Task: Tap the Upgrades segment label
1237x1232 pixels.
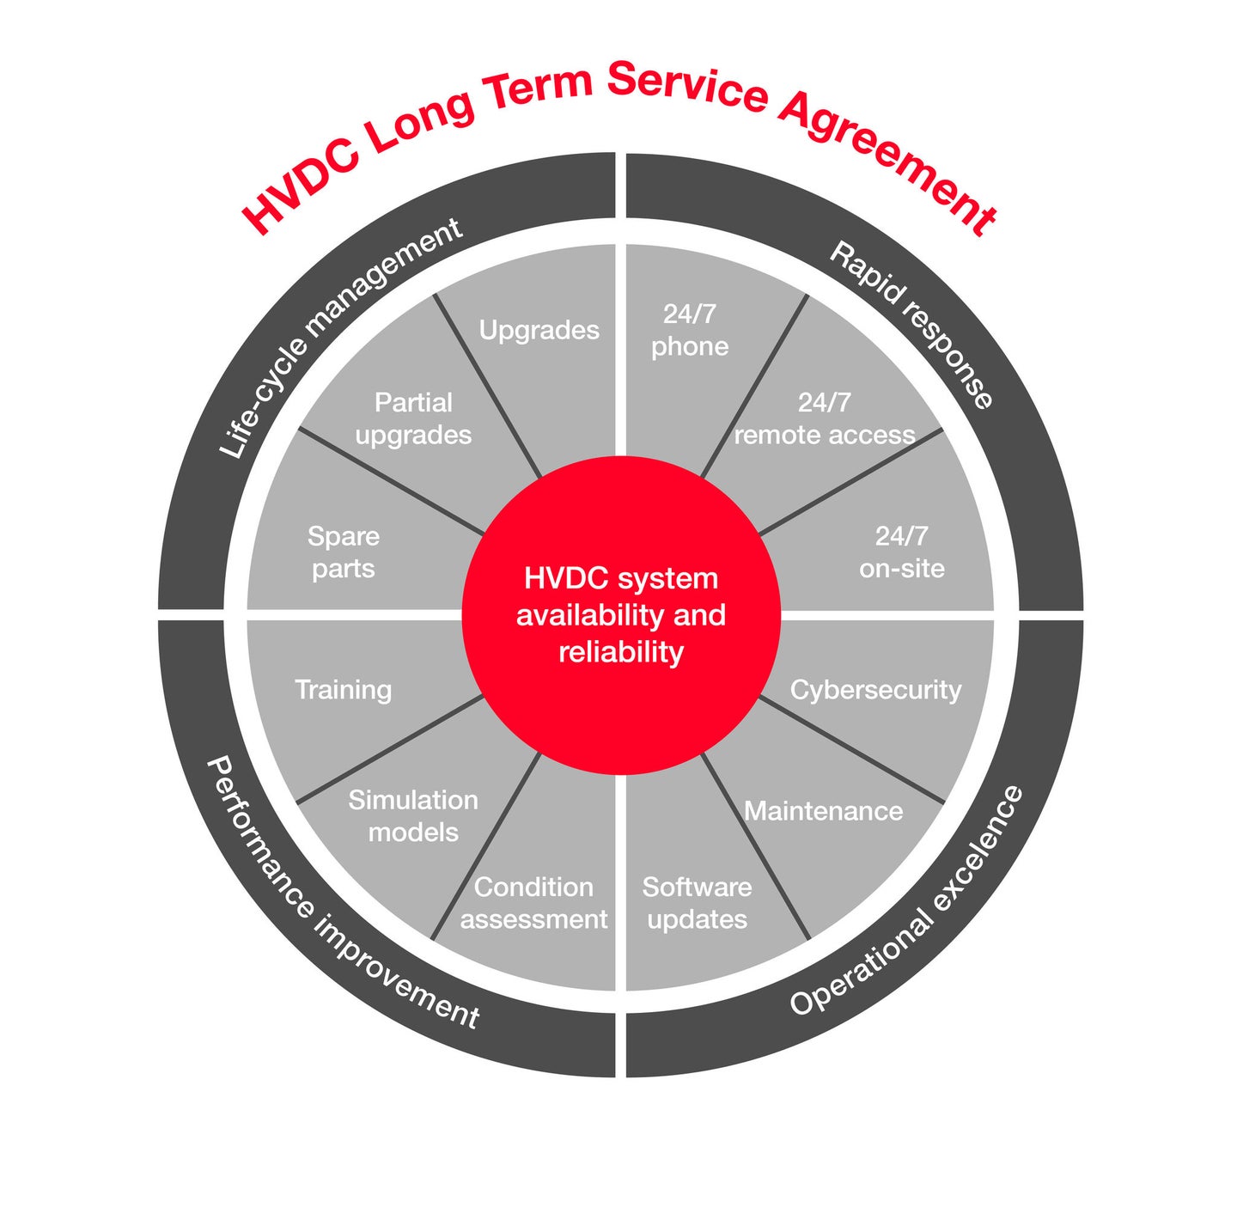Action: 539,331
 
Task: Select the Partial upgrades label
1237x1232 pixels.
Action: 413,418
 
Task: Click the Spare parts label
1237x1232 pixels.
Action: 343,552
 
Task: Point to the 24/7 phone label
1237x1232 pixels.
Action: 689,330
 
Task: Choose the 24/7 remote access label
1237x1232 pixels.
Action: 824,418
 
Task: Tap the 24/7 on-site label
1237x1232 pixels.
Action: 901,552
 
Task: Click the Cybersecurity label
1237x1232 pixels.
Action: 875,690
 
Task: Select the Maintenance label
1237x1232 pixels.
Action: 823,811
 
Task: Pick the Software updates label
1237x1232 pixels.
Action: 697,903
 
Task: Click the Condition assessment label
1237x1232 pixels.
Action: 533,903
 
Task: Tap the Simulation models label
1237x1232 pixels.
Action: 413,815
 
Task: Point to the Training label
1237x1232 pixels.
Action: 343,690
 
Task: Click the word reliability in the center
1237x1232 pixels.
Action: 620,653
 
